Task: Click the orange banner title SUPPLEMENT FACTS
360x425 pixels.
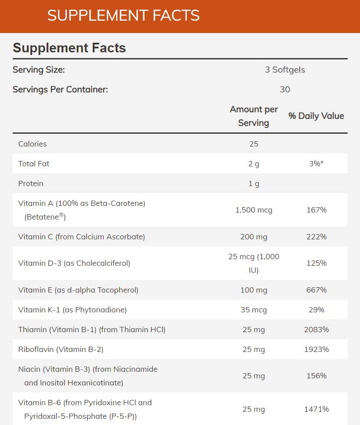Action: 124,16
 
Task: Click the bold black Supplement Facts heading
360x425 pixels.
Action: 69,48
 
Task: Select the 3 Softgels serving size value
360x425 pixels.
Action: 285,70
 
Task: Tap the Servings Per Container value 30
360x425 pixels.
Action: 285,89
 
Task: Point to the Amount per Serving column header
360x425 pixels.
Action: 254,116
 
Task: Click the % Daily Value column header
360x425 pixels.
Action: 316,116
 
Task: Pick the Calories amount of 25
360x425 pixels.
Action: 254,144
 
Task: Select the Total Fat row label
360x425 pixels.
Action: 34,164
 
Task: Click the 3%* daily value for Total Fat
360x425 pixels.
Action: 316,164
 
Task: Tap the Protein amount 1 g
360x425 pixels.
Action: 254,183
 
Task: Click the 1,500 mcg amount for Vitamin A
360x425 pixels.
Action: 254,210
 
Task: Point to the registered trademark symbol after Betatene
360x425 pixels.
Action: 62,215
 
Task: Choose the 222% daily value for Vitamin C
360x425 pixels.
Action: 316,237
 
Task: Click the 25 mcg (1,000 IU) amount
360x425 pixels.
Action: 254,263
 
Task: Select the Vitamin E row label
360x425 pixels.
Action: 78,290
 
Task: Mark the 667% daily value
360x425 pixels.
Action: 316,290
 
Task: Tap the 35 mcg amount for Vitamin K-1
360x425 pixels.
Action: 254,310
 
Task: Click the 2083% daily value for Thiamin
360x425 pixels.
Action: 316,330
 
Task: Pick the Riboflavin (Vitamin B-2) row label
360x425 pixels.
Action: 61,349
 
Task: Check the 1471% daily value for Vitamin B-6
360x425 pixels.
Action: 316,409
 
